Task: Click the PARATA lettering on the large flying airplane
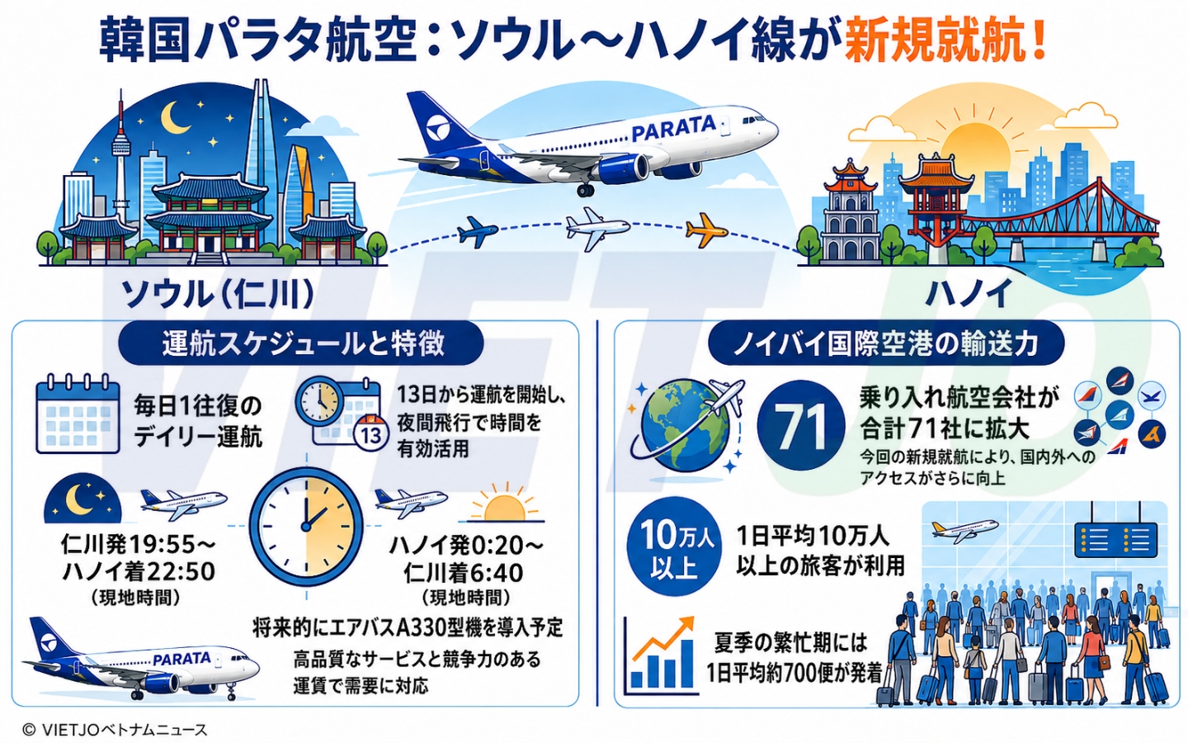(x=673, y=127)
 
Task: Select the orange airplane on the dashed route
(x=706, y=230)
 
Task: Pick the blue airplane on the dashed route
(x=478, y=231)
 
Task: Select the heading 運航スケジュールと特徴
(x=303, y=344)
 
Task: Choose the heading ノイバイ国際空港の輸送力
(x=886, y=344)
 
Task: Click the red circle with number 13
(x=371, y=434)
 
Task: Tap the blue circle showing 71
(x=801, y=424)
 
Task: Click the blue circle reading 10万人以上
(x=673, y=547)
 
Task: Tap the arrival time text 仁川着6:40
(x=463, y=573)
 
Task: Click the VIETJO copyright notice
(x=115, y=730)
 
